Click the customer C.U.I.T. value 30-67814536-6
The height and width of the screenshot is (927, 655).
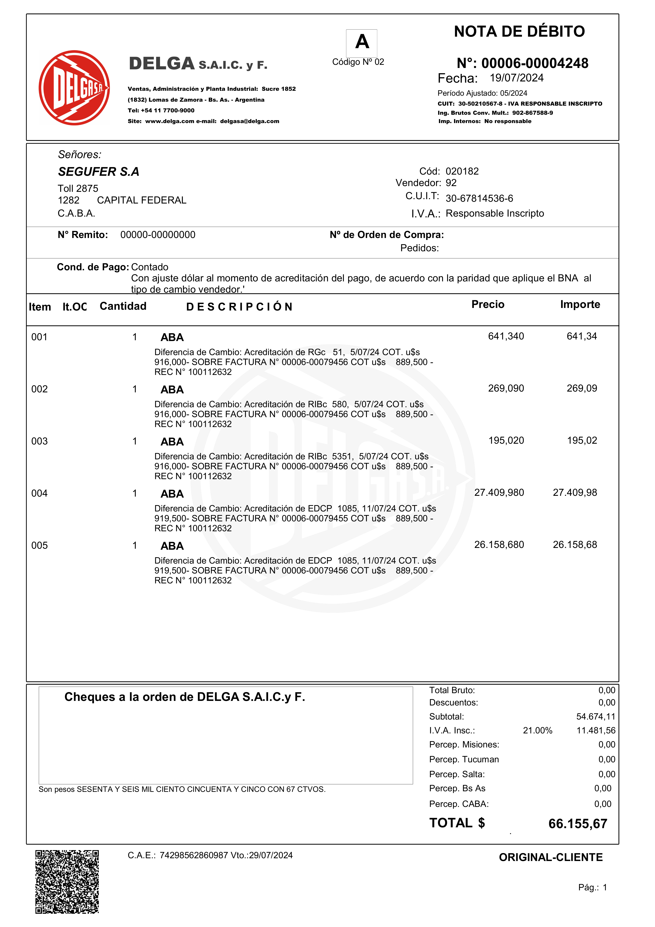click(479, 198)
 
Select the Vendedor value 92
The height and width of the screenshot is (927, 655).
click(451, 183)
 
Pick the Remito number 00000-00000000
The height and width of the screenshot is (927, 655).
click(158, 235)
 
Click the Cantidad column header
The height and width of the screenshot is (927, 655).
click(123, 306)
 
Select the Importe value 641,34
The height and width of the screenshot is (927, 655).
click(582, 336)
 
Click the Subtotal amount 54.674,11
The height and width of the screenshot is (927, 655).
click(595, 717)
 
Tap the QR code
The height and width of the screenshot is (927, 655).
click(67, 882)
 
